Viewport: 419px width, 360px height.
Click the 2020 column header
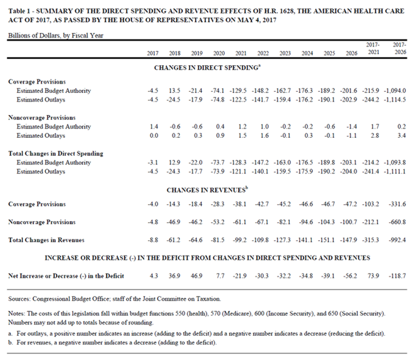(x=218, y=53)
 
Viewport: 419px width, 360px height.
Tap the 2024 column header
(x=307, y=53)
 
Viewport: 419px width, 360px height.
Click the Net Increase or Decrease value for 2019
(x=196, y=276)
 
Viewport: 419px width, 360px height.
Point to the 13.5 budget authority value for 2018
(x=174, y=91)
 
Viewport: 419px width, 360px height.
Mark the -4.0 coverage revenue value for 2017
(x=153, y=204)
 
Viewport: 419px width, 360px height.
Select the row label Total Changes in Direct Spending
(x=56, y=154)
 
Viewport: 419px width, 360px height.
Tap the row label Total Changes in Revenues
(x=46, y=240)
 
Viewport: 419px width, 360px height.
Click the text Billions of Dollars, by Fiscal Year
(x=55, y=36)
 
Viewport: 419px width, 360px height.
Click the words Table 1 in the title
(x=20, y=11)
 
